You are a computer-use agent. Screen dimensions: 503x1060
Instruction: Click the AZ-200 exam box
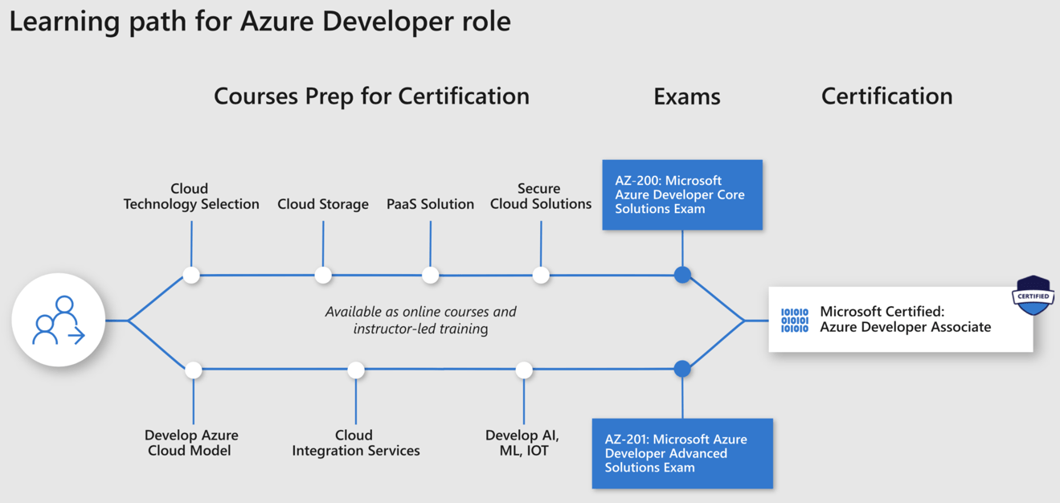pos(682,194)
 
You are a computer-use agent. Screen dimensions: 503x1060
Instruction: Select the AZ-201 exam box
pos(682,453)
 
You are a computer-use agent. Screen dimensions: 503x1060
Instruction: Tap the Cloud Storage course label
pos(323,204)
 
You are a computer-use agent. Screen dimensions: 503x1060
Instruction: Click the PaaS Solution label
pos(430,204)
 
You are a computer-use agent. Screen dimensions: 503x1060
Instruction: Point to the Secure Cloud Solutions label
pos(541,196)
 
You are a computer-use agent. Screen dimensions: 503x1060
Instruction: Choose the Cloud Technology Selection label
pos(191,196)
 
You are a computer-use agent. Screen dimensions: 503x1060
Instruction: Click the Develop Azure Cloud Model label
pos(191,443)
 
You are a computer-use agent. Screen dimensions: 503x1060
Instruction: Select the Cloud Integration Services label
pos(355,443)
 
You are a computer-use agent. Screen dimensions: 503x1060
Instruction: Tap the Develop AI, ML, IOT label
pos(522,443)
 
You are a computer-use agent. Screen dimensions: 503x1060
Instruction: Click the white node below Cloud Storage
pos(323,276)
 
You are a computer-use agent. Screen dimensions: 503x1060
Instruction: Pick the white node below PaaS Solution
pos(431,276)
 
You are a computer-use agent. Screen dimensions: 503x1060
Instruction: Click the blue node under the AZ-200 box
pos(682,275)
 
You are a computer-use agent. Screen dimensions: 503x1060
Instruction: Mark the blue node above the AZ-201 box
pos(682,369)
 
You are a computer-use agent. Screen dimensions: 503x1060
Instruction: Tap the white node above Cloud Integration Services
pos(356,370)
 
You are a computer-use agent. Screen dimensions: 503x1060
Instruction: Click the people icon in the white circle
pos(58,321)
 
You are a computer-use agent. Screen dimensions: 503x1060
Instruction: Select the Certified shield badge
pos(1033,296)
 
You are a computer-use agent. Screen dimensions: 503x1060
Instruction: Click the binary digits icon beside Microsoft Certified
pos(795,320)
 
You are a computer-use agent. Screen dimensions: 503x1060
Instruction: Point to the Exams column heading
pos(686,96)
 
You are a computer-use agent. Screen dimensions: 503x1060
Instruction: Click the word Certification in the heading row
pos(886,96)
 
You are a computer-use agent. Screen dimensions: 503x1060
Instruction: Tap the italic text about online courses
pos(420,320)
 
